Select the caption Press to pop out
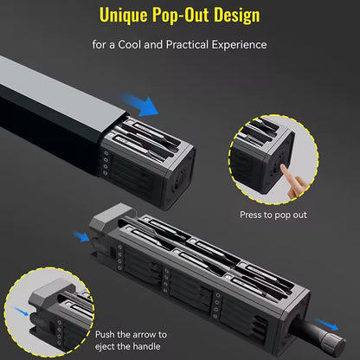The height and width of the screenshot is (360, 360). [273, 215]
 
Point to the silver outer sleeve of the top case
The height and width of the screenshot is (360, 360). [52, 95]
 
